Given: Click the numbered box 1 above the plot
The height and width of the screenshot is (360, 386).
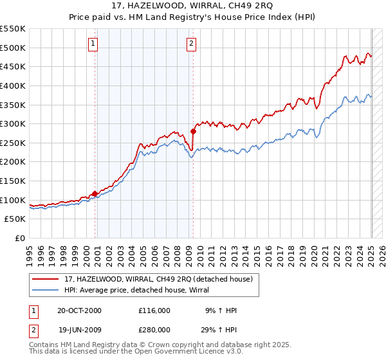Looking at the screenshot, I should pyautogui.click(x=93, y=44).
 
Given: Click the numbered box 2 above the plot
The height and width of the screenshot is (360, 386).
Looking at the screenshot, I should pyautogui.click(x=192, y=44).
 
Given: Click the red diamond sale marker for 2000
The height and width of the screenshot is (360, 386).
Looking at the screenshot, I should pyautogui.click(x=95, y=194).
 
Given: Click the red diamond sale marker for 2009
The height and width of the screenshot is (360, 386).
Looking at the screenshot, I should pyautogui.click(x=193, y=131).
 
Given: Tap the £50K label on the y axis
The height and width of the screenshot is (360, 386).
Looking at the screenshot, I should pyautogui.click(x=16, y=219).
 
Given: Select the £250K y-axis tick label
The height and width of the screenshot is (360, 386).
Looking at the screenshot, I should pyautogui.click(x=14, y=143).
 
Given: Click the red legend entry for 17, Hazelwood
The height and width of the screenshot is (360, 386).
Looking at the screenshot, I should pyautogui.click(x=161, y=278).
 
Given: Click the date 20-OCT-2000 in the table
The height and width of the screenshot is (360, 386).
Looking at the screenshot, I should pyautogui.click(x=80, y=310).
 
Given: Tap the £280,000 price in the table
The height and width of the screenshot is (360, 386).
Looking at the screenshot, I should pyautogui.click(x=154, y=329).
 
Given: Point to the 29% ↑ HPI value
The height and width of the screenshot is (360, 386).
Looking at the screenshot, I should pyautogui.click(x=220, y=329).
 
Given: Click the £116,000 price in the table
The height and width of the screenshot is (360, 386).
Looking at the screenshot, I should pyautogui.click(x=154, y=310).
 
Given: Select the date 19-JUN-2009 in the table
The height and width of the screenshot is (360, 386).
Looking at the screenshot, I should pyautogui.click(x=80, y=329).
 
